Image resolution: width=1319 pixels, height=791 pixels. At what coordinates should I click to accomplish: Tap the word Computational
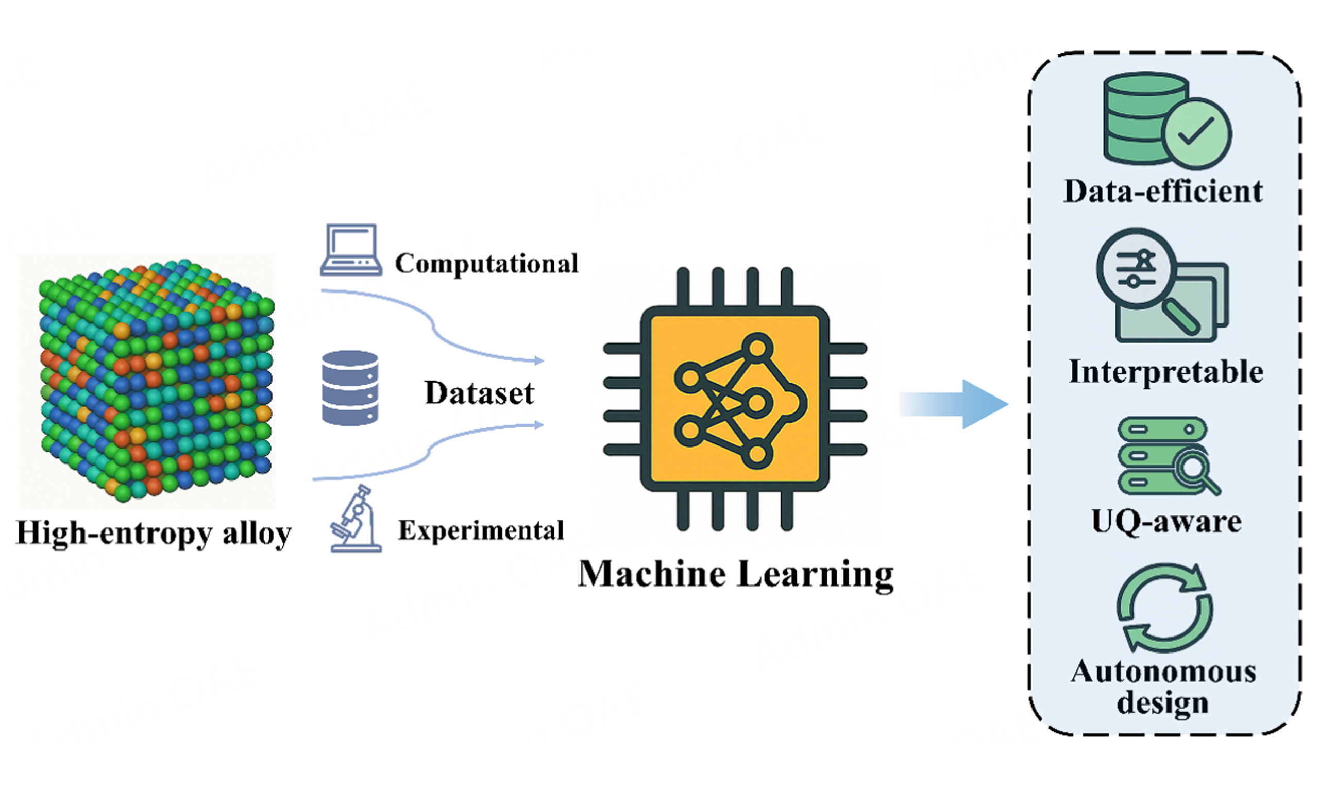[486, 263]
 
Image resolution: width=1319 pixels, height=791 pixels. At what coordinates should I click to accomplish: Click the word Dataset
[479, 393]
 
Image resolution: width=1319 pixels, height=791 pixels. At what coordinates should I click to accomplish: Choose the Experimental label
[481, 530]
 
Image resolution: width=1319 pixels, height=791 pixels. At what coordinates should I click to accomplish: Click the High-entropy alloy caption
[154, 533]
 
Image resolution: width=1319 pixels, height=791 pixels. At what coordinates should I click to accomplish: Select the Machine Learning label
[736, 575]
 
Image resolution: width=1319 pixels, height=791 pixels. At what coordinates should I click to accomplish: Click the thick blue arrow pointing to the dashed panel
[954, 404]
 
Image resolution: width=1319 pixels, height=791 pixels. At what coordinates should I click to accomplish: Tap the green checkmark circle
[1196, 133]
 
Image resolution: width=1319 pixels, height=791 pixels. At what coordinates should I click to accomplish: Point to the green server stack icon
[1162, 456]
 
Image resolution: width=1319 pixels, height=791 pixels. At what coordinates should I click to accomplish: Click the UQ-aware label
[1166, 521]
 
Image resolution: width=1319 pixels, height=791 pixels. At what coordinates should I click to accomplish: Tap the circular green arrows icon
[1164, 608]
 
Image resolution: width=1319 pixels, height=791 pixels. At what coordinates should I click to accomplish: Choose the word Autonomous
[1163, 672]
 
